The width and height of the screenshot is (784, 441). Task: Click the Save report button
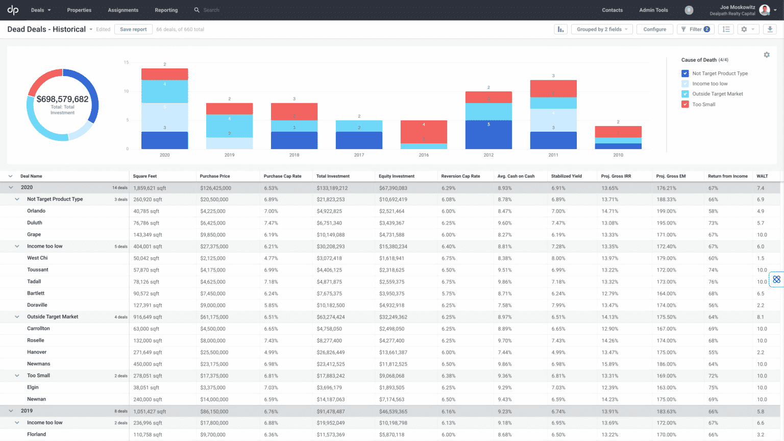pos(133,30)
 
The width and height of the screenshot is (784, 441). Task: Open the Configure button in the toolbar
pos(654,30)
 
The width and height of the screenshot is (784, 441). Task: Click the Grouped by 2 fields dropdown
pos(602,30)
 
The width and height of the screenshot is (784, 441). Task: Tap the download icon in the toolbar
pos(770,30)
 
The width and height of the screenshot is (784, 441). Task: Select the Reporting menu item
pos(166,10)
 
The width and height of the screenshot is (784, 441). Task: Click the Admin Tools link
pos(653,10)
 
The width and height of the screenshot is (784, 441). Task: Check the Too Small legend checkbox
pos(685,104)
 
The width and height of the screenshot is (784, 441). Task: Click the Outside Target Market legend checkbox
pos(685,94)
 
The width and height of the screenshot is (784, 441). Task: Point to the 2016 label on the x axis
pos(424,155)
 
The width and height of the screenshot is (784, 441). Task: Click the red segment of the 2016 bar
pos(424,132)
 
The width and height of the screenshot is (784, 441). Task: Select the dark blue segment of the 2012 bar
pos(488,134)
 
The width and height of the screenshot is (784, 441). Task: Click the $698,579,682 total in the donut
pos(62,99)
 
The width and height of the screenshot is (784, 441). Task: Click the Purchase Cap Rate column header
pos(282,176)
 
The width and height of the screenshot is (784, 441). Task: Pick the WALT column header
pos(762,176)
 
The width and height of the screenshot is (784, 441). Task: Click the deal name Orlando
pos(36,211)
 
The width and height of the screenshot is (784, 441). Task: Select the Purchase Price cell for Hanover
pos(214,352)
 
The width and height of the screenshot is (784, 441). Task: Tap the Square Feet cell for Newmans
pos(148,364)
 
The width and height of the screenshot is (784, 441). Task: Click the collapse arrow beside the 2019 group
pos(11,411)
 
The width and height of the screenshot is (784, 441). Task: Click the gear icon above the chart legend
pos(766,55)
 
